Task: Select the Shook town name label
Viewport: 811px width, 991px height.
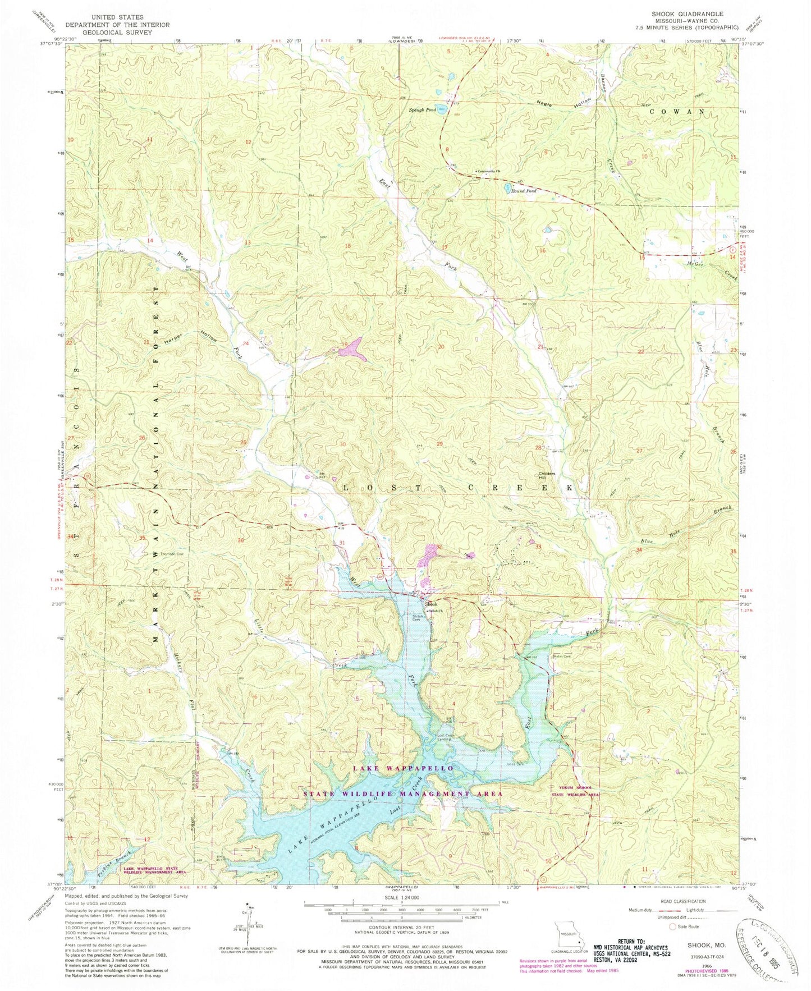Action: click(431, 605)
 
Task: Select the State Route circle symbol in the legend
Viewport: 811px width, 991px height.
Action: click(673, 926)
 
